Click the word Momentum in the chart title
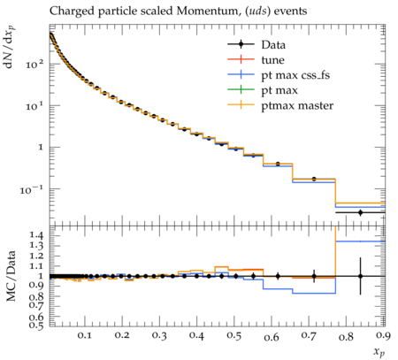(207, 11)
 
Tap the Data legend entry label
(273, 45)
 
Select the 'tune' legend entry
(272, 60)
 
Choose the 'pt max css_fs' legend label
(295, 75)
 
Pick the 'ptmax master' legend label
(297, 106)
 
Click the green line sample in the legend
(241, 89)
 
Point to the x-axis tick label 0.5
(234, 335)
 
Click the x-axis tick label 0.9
(383, 335)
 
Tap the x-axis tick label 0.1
(85, 335)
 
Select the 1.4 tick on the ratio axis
(36, 235)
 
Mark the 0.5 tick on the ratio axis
(36, 325)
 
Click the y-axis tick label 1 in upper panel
(41, 147)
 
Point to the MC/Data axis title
(11, 276)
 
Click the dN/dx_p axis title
(10, 48)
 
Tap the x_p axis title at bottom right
(379, 352)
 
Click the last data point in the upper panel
(360, 212)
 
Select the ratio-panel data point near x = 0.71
(314, 276)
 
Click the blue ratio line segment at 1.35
(360, 241)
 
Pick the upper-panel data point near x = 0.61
(278, 164)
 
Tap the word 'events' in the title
(291, 11)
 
